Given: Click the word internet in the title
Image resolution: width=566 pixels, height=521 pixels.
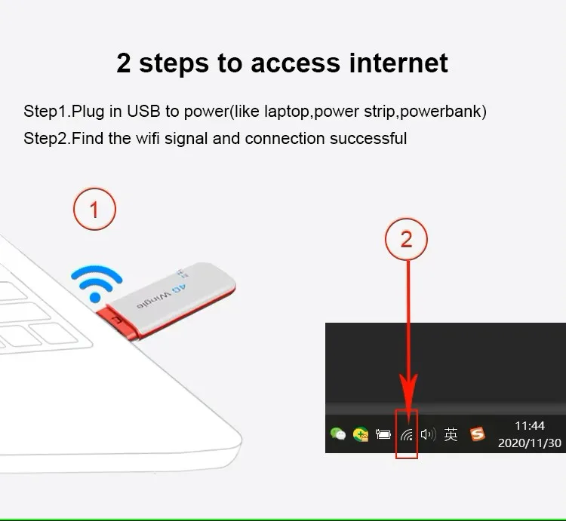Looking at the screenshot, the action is (x=398, y=63).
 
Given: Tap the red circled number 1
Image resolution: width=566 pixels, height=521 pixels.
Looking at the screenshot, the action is (x=94, y=209).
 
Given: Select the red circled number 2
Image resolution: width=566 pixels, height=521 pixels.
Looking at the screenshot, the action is (x=407, y=239).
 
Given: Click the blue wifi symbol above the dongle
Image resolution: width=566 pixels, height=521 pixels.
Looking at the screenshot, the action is (x=97, y=283).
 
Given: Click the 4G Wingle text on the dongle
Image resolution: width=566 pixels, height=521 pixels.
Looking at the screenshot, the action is (x=161, y=296).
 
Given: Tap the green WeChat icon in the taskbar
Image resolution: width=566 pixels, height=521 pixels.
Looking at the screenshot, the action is (x=338, y=434).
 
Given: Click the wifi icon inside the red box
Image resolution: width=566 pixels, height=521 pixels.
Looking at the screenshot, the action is (x=407, y=435).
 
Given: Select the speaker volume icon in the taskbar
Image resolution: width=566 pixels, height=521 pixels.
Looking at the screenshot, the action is (x=429, y=434).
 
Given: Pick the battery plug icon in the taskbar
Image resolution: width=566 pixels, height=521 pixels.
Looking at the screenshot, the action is (x=383, y=434).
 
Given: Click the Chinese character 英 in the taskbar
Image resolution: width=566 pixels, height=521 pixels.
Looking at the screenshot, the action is (x=451, y=434).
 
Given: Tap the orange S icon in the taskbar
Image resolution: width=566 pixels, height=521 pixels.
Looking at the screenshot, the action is (x=477, y=434).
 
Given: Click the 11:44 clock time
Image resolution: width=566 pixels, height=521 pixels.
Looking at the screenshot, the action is (x=530, y=426).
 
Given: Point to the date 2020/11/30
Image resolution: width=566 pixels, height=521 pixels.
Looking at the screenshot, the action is (x=530, y=443).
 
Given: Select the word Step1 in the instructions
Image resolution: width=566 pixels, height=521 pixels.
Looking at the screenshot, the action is (x=45, y=112).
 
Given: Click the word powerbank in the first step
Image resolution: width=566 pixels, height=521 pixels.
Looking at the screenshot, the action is (x=441, y=111).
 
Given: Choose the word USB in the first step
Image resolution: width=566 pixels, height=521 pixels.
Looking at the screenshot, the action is (x=143, y=111).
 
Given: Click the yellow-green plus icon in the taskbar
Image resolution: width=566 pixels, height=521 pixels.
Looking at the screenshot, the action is (x=361, y=434).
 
